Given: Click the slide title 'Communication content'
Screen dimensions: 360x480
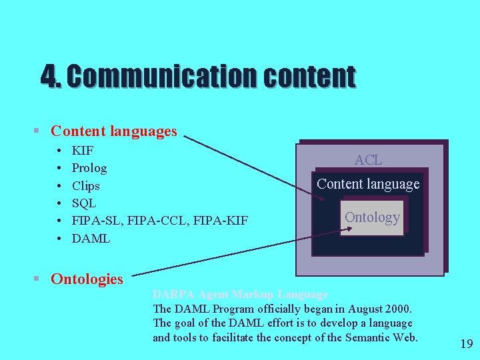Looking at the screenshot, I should pyautogui.click(x=198, y=76).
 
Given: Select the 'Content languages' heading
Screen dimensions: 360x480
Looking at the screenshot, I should pyautogui.click(x=113, y=131).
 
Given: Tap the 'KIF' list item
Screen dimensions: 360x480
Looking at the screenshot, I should pyautogui.click(x=83, y=151).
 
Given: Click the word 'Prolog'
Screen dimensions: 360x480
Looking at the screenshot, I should pyautogui.click(x=89, y=168).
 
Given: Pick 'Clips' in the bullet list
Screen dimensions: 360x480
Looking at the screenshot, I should pyautogui.click(x=86, y=186).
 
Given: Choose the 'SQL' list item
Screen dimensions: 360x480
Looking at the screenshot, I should pyautogui.click(x=84, y=203).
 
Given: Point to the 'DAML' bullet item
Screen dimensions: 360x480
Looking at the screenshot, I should pyautogui.click(x=91, y=238).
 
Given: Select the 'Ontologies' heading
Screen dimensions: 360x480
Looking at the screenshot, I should pyautogui.click(x=87, y=279).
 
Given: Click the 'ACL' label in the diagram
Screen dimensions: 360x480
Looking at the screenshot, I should pyautogui.click(x=368, y=160).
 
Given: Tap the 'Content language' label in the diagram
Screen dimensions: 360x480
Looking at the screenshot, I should pyautogui.click(x=368, y=184).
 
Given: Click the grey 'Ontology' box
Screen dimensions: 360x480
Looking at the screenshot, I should pyautogui.click(x=372, y=217).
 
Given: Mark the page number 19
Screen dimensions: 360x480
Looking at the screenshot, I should pyautogui.click(x=466, y=344).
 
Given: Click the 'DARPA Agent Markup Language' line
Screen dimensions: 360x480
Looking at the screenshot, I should pyautogui.click(x=240, y=294).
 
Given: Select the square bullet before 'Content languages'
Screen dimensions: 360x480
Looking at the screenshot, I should pyautogui.click(x=41, y=131).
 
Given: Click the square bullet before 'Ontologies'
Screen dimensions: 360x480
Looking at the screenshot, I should pyautogui.click(x=41, y=279).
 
